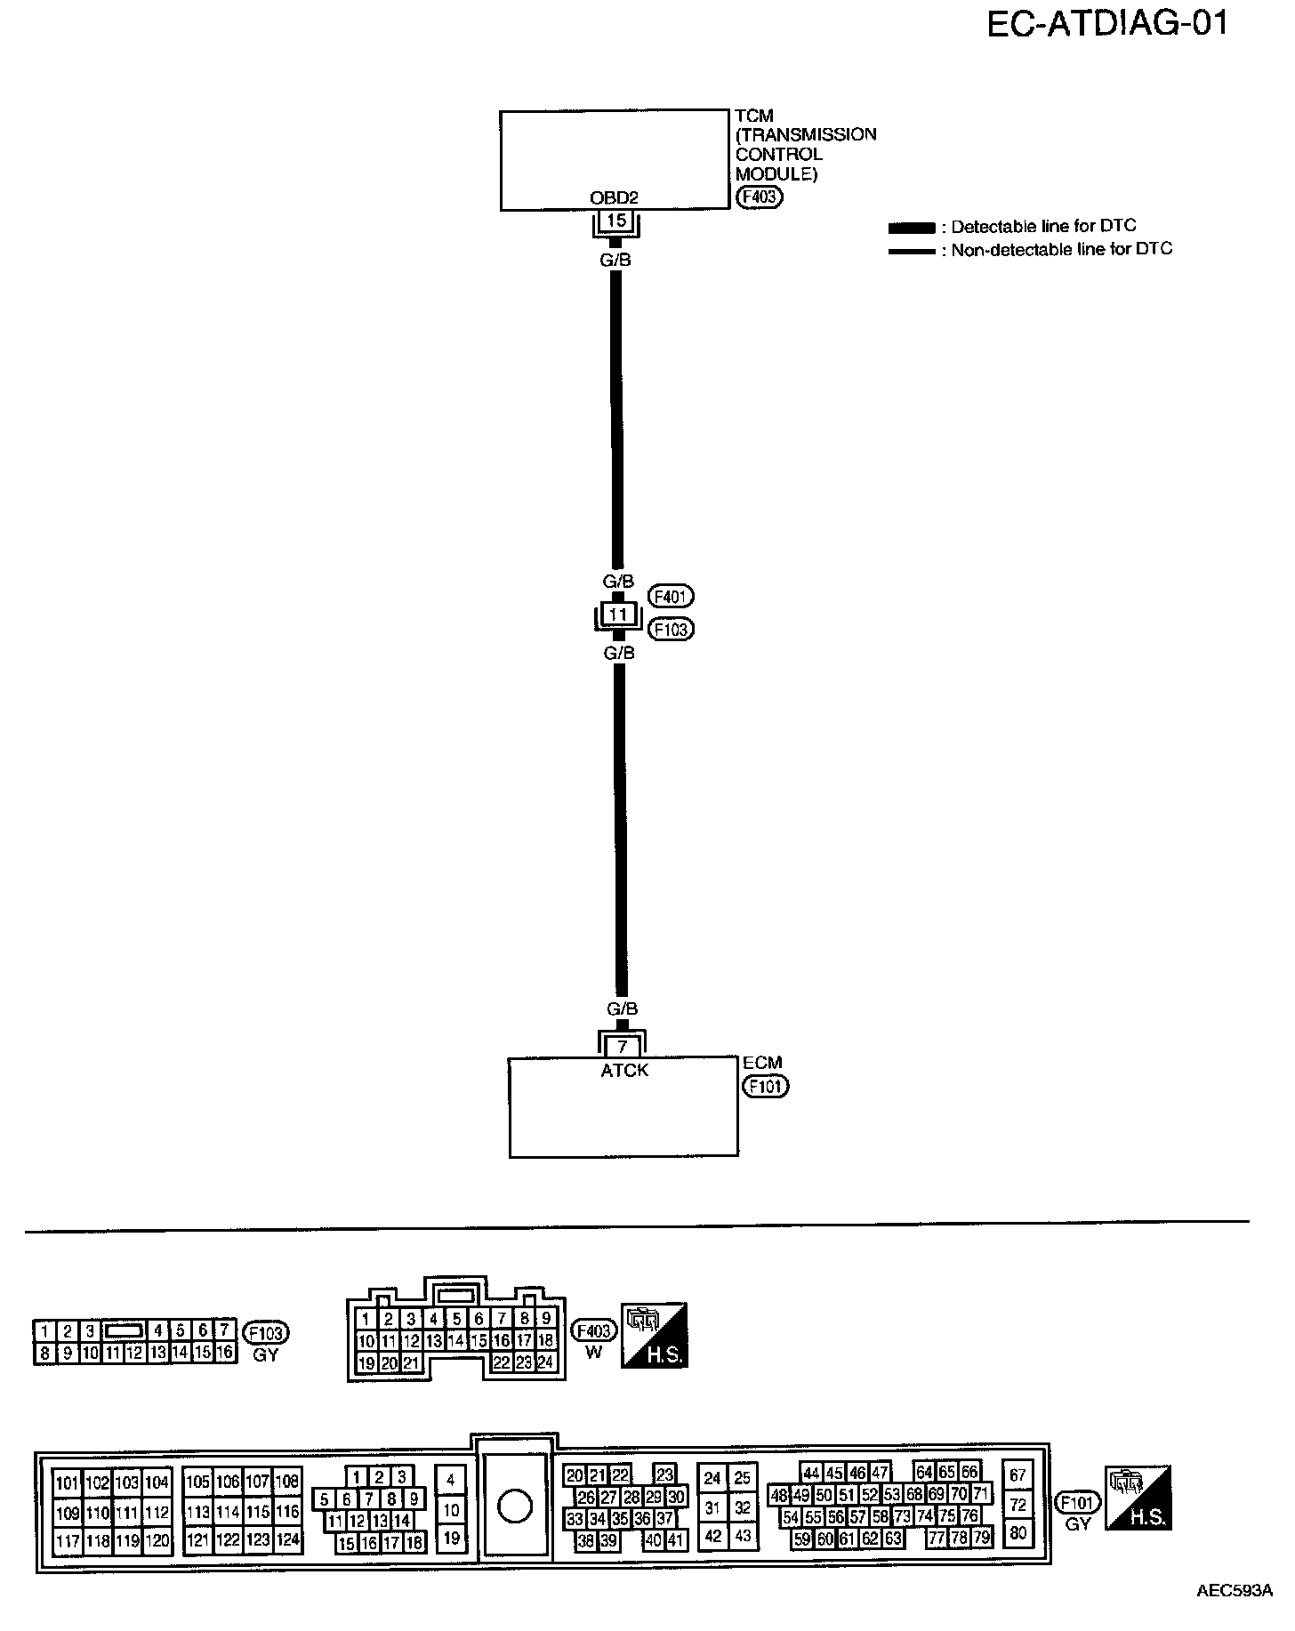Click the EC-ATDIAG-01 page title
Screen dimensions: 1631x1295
[x=1107, y=24]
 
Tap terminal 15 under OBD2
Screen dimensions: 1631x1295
[x=616, y=220]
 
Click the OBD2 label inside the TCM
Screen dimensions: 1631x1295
[x=615, y=198]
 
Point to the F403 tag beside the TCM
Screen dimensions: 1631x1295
[x=759, y=197]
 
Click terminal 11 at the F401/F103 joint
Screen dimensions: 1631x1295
[x=618, y=614]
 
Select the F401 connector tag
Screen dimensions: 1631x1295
[x=672, y=596]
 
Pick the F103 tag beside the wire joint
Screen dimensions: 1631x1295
[x=672, y=630]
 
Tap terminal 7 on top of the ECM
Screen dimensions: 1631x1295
[x=623, y=1047]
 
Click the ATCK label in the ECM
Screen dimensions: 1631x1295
[x=624, y=1071]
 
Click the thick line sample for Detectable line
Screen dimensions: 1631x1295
[x=912, y=228]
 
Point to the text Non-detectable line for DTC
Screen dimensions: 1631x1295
[x=1061, y=250]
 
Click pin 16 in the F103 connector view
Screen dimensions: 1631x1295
[x=225, y=1353]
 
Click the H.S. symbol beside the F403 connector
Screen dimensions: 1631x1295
[x=654, y=1336]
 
